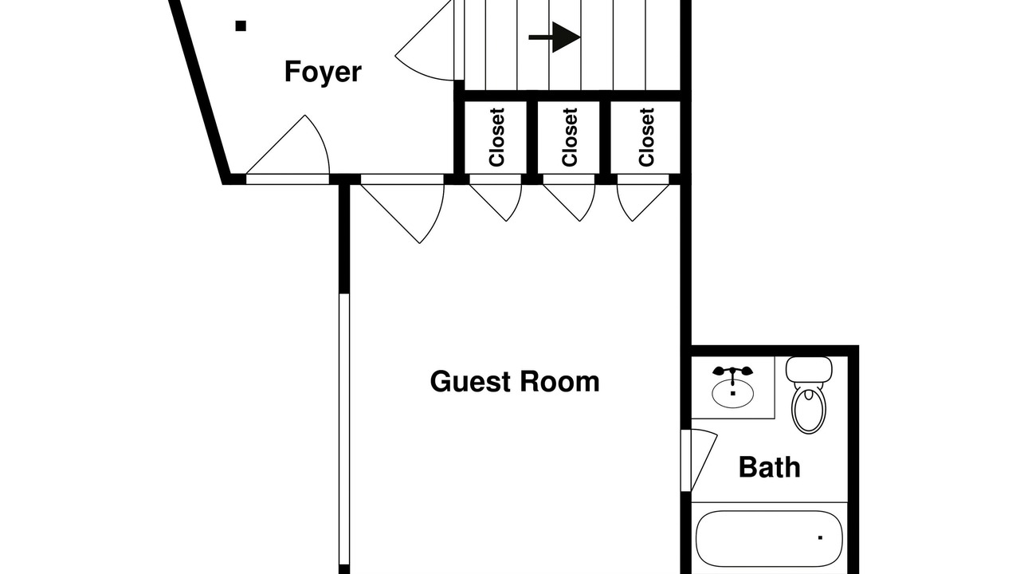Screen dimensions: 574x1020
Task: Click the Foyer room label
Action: click(x=323, y=72)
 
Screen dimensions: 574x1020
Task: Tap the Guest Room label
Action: click(x=514, y=381)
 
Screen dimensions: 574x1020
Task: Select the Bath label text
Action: click(x=769, y=466)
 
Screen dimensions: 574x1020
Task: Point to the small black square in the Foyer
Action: click(x=241, y=26)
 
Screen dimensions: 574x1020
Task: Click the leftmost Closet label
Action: click(x=497, y=137)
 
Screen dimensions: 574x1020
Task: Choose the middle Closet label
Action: click(x=569, y=137)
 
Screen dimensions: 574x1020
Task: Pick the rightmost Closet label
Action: click(x=646, y=137)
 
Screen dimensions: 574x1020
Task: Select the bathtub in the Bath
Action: click(x=769, y=537)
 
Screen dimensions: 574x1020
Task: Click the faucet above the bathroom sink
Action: click(x=732, y=372)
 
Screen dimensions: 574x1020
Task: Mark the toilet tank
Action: click(x=809, y=369)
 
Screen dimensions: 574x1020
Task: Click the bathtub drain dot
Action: click(x=820, y=538)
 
